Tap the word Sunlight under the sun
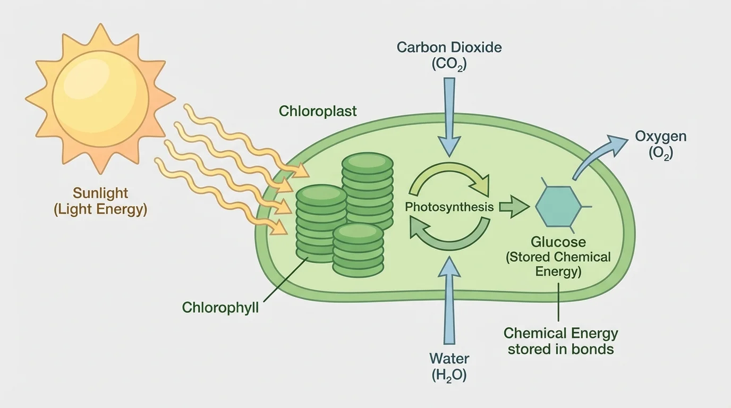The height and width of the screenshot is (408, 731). click(x=100, y=193)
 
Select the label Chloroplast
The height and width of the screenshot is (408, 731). click(x=318, y=111)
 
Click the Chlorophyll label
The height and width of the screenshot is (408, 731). click(x=220, y=307)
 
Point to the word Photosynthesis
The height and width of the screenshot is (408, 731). click(x=449, y=207)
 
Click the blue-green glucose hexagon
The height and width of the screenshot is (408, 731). click(x=558, y=207)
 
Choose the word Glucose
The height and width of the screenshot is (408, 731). click(x=558, y=242)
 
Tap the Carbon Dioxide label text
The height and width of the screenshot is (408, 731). click(x=449, y=47)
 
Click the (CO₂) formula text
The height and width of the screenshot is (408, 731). click(x=449, y=64)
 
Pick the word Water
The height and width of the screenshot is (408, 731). click(x=449, y=358)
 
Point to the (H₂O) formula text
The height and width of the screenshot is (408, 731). click(x=449, y=375)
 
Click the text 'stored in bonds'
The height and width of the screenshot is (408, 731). click(x=560, y=350)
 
